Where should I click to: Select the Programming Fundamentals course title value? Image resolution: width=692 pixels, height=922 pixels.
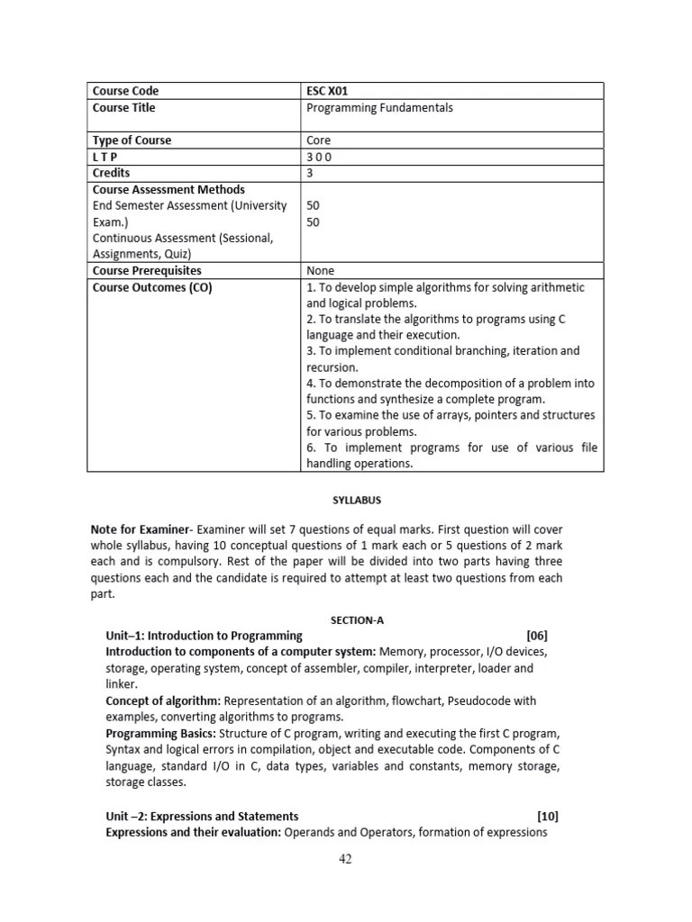click(379, 108)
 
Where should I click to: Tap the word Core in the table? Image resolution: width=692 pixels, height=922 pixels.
click(319, 140)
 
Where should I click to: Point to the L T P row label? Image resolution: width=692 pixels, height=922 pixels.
click(106, 157)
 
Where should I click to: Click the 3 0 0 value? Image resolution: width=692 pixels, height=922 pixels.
click(319, 157)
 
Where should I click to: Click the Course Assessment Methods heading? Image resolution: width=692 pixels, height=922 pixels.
click(168, 189)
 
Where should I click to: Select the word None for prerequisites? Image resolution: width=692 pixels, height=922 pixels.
click(321, 270)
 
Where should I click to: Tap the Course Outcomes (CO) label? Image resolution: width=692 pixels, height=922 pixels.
click(152, 287)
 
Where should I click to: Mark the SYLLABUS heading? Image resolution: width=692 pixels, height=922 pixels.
click(345, 500)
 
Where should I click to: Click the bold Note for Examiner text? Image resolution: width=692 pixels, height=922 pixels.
click(141, 529)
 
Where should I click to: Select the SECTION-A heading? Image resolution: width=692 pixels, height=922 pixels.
click(345, 619)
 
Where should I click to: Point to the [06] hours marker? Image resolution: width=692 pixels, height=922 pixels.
click(536, 636)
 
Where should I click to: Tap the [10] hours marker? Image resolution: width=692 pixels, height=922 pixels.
click(547, 816)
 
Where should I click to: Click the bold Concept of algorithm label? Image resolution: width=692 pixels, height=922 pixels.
click(163, 701)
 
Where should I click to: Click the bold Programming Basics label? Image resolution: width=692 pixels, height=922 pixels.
click(159, 733)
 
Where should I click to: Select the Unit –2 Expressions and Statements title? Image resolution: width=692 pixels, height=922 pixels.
click(202, 816)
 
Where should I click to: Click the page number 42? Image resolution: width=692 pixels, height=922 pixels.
click(345, 859)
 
